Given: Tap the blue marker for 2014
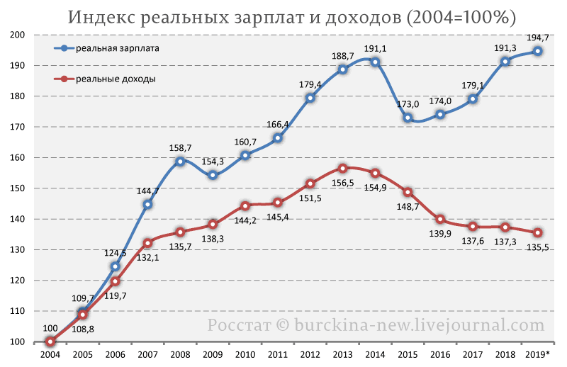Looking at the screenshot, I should pyautogui.click(x=375, y=62).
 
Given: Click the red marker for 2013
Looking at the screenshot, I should pyautogui.click(x=342, y=169).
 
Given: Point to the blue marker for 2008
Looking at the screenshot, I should pyautogui.click(x=180, y=162).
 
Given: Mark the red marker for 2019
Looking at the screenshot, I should pyautogui.click(x=538, y=232).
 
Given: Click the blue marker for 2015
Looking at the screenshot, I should pyautogui.click(x=408, y=118).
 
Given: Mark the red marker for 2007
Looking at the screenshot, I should pyautogui.click(x=147, y=243).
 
